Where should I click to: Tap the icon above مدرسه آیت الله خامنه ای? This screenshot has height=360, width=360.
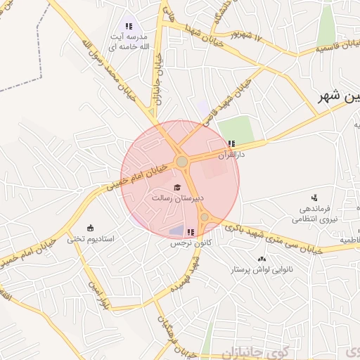[128, 26]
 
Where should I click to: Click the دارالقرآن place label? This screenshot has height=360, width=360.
[231, 153]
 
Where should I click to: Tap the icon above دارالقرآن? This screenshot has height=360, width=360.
[231, 144]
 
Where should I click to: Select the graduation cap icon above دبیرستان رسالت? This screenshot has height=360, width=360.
[177, 187]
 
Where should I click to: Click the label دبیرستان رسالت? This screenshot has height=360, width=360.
[178, 199]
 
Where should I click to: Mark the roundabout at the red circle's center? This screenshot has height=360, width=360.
[181, 162]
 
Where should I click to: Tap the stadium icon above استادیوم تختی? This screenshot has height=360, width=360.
[90, 227]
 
